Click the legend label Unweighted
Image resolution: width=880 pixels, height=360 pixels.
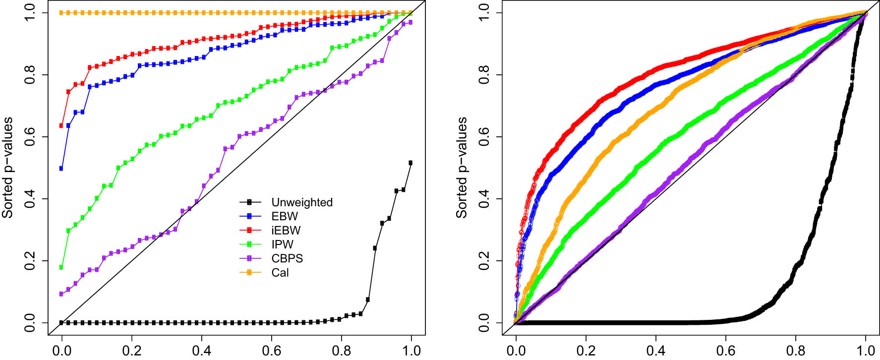[x=301, y=202]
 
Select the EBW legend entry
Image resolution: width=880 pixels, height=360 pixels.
[x=285, y=216]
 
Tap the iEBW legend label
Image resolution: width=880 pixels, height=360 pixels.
[x=286, y=230]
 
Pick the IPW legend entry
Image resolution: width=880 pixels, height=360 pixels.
[x=282, y=244]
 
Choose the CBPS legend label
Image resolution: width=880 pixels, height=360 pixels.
[x=287, y=258]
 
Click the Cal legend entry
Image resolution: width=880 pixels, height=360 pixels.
[x=280, y=273]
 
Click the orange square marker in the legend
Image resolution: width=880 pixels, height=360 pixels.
[x=250, y=273]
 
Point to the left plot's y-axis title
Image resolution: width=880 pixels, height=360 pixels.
[x=7, y=168]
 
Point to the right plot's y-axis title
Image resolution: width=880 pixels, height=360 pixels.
[x=462, y=168]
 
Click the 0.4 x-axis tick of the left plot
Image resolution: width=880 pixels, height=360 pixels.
[x=201, y=351]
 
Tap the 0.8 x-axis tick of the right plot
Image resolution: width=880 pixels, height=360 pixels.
[x=796, y=351]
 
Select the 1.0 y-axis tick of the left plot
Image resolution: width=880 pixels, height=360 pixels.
[x=29, y=13]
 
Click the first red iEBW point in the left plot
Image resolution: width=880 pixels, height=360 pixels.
[x=61, y=125]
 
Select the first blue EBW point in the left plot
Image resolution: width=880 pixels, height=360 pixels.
[x=61, y=169]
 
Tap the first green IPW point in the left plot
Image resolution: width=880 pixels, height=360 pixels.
[x=61, y=267]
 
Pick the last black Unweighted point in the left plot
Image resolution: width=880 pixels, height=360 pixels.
[x=411, y=163]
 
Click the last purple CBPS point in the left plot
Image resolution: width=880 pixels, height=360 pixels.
[x=411, y=22]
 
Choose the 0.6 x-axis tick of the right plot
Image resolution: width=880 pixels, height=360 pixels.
[x=726, y=351]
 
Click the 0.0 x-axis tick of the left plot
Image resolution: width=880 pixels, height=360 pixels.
[x=61, y=351]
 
